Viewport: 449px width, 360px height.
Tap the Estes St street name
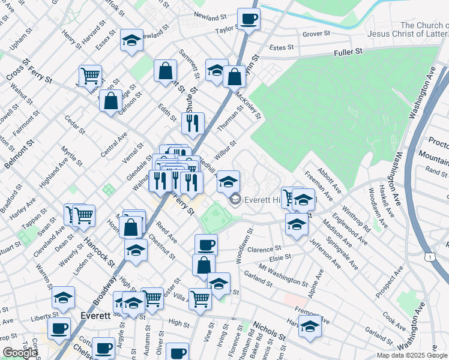[x=281, y=47]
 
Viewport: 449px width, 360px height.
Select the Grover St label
[x=313, y=34]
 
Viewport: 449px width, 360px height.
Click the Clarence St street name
[x=264, y=249]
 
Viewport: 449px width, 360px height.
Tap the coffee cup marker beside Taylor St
[x=249, y=19]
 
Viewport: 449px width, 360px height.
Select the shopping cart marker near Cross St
[x=90, y=76]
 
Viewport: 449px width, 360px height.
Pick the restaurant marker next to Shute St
[x=193, y=123]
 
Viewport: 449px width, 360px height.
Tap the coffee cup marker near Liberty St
[x=59, y=328]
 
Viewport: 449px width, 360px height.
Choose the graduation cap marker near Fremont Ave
[x=310, y=326]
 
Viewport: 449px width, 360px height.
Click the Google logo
[x=19, y=353]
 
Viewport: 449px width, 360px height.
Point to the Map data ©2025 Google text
[x=411, y=355]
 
